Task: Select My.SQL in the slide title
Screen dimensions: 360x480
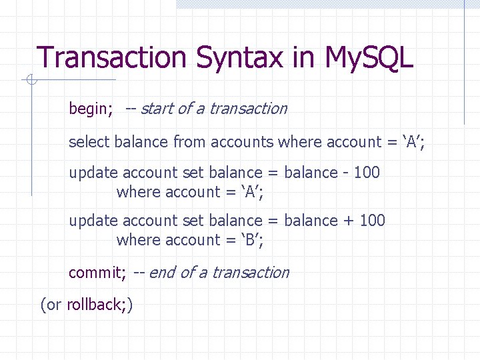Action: coord(369,59)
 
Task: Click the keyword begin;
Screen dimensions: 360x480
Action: coord(91,109)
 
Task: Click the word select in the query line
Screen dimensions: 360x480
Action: coord(89,142)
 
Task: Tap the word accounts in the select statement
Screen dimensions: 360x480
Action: coord(242,142)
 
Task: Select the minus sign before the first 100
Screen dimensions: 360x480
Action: coord(345,173)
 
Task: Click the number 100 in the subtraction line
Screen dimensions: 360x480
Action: coord(367,173)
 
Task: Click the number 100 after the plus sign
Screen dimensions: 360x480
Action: coord(372,221)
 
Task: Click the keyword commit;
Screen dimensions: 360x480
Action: coord(97,273)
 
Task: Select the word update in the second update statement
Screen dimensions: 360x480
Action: coord(93,221)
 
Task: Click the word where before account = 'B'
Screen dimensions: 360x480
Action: coord(138,240)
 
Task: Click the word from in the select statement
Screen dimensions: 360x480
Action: coord(189,142)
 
